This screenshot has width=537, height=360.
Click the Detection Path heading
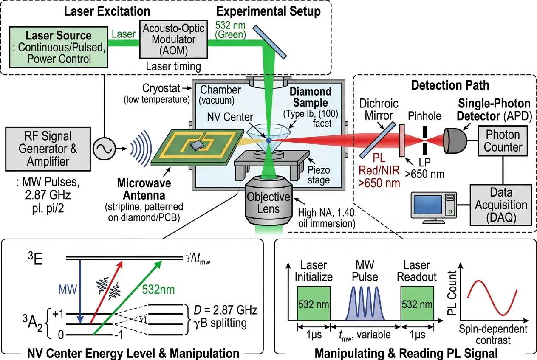point(450,85)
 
